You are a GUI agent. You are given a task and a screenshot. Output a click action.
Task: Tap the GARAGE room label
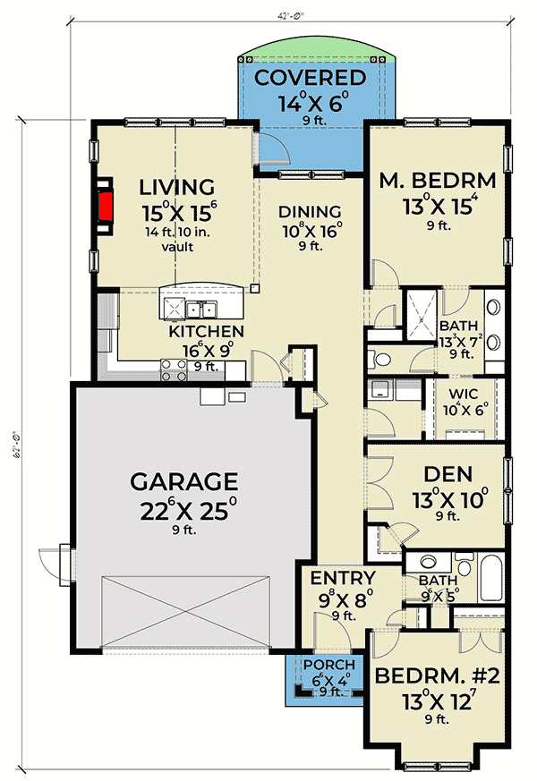[x=184, y=482]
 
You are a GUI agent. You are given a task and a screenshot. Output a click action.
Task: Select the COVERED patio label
[x=310, y=78]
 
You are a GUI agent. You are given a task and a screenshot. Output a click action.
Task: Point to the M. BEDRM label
[x=438, y=181]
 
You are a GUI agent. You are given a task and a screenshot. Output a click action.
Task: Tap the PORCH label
[x=328, y=665]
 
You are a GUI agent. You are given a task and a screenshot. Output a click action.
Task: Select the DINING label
[x=310, y=212]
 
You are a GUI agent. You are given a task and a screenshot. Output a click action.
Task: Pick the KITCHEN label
[x=207, y=331]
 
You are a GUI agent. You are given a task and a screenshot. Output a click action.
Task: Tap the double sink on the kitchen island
[x=200, y=310]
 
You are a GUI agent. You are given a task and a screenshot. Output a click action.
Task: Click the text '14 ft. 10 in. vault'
[x=178, y=239]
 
